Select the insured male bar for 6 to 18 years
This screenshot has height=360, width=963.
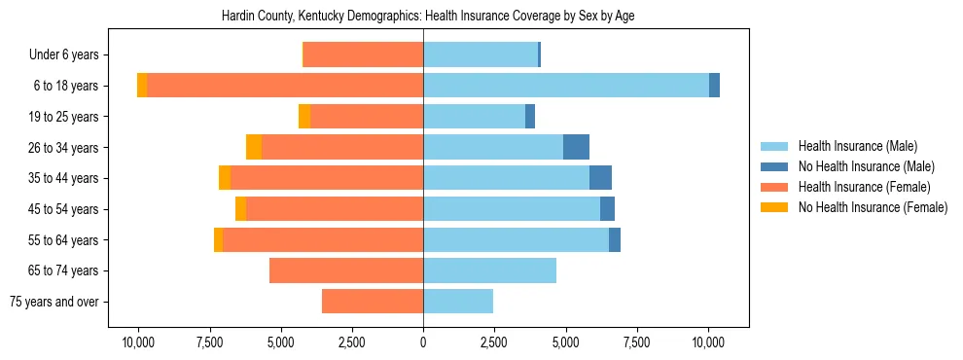tap(566, 86)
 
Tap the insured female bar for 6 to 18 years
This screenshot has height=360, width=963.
tap(285, 86)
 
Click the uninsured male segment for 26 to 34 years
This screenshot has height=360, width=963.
tap(576, 147)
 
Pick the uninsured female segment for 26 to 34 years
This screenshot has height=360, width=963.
tap(254, 147)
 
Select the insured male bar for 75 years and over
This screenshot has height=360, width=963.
tap(458, 302)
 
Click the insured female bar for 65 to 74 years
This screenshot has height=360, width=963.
tap(346, 270)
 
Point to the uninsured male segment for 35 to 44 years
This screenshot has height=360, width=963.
tap(600, 178)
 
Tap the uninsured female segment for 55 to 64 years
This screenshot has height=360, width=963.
tap(219, 240)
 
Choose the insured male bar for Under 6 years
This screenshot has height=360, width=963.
tap(481, 54)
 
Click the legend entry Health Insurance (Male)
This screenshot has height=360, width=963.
tap(857, 146)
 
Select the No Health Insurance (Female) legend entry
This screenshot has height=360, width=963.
tap(873, 207)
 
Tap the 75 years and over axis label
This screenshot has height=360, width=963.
tap(54, 302)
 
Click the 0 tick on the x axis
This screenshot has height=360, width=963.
tap(423, 342)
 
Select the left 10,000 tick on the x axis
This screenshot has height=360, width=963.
tap(138, 342)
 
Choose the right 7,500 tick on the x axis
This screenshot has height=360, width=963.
tap(636, 342)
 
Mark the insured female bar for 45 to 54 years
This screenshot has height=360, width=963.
tap(335, 209)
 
